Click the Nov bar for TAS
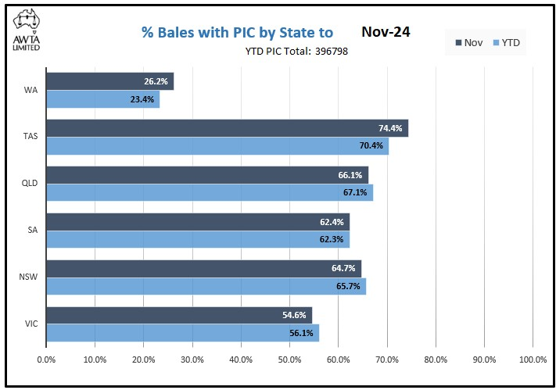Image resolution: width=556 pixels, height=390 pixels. point(227,128)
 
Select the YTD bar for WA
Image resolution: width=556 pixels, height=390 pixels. point(102,99)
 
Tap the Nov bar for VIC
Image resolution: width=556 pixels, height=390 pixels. point(179,315)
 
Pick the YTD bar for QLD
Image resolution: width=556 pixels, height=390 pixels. point(210,192)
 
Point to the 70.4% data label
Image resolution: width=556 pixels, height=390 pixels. point(371,145)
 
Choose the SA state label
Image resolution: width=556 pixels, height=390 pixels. point(32,231)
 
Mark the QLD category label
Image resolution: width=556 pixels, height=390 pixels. point(30,184)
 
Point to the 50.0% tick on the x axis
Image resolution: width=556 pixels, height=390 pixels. point(289,360)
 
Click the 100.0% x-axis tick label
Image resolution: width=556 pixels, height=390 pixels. point(533,360)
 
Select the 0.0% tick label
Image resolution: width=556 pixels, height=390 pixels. point(46,360)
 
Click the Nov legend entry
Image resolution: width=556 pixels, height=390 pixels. point(469,43)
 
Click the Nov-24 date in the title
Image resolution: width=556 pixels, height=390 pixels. point(386,32)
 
